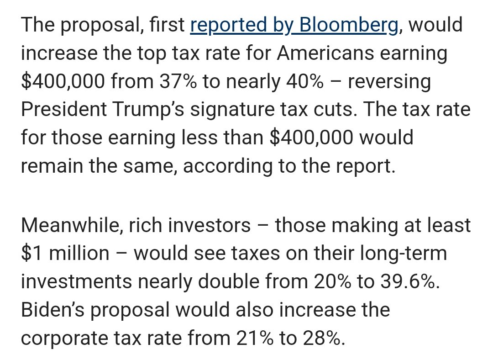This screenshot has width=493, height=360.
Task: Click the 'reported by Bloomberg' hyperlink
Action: coord(294,25)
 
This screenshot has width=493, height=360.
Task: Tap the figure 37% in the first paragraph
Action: coord(178,81)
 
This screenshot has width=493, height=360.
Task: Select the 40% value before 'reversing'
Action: coord(304,81)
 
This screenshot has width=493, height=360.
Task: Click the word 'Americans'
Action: coord(325,53)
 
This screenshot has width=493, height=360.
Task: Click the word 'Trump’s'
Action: coord(148,109)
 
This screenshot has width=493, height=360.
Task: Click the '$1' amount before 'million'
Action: coord(31,253)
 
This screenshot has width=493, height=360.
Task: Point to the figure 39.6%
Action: coord(410,281)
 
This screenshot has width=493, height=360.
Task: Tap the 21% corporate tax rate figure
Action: coord(255,338)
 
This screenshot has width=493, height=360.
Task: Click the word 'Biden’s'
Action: coord(53,310)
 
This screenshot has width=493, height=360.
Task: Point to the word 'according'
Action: coord(228,167)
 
